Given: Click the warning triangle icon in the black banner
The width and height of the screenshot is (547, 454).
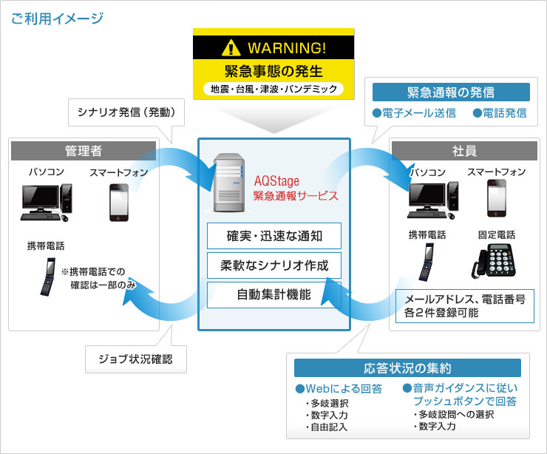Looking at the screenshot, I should point(231,49).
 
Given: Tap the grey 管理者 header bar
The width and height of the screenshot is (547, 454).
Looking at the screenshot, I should point(84,150).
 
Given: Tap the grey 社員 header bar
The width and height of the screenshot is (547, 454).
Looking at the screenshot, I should point(463,150).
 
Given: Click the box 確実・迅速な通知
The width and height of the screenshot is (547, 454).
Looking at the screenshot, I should point(274,237).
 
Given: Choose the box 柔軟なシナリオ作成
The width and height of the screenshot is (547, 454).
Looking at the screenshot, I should point(274,265).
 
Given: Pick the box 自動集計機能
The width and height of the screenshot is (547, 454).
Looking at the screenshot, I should point(274,294).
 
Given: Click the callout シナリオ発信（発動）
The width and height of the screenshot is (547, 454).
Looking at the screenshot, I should point(126,113).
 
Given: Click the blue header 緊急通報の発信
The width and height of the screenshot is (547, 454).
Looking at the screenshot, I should point(451,92).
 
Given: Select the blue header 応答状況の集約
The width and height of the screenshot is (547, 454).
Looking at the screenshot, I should point(407,367).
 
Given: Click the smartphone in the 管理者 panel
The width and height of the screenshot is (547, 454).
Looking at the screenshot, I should point(118,200).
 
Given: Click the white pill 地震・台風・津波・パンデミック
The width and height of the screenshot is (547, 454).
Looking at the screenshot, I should point(273,89).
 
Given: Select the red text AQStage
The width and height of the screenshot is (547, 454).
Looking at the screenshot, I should point(275,182).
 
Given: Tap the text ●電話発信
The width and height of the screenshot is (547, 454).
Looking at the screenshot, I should point(500,113).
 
